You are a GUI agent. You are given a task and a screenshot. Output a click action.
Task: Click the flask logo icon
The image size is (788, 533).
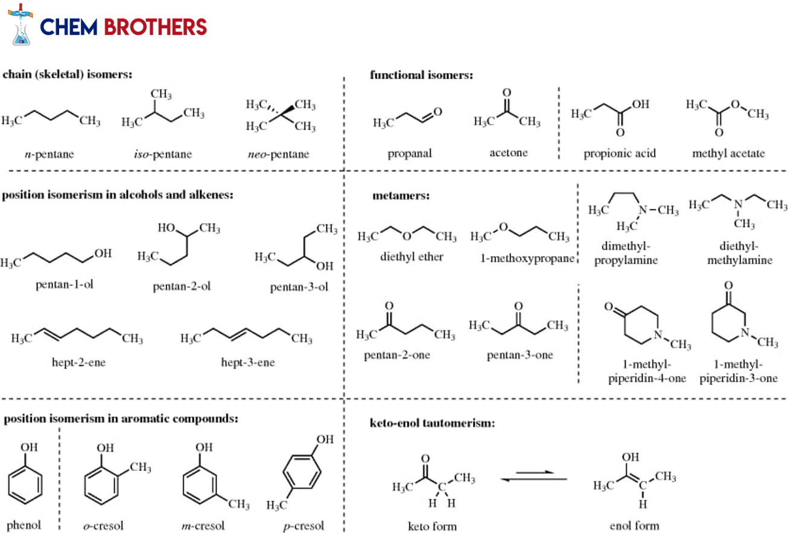(x=21, y=25)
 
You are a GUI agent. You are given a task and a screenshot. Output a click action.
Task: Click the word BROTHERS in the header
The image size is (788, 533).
(x=155, y=27)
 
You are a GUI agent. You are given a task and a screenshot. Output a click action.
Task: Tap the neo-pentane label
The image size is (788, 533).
(x=278, y=154)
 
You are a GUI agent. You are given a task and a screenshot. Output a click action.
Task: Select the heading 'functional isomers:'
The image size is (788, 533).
(x=421, y=75)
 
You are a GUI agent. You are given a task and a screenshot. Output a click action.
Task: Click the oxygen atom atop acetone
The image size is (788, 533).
(x=507, y=92)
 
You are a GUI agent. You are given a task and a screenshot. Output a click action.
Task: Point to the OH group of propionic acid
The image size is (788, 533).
(x=640, y=104)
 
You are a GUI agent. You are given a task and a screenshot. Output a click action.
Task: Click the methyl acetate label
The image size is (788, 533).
(x=728, y=153)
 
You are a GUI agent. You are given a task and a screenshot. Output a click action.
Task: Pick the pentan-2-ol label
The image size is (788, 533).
(x=182, y=286)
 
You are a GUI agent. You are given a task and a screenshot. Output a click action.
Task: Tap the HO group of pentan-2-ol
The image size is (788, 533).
(x=166, y=228)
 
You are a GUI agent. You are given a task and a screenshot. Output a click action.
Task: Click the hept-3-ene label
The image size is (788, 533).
(x=247, y=362)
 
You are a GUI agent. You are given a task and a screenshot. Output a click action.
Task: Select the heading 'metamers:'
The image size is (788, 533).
(x=401, y=196)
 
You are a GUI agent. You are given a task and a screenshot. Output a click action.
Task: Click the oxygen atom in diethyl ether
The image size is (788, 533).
(x=407, y=236)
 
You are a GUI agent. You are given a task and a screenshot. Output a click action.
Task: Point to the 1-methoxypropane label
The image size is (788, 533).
(x=527, y=258)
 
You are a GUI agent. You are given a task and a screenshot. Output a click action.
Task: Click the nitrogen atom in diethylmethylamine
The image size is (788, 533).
(x=738, y=204)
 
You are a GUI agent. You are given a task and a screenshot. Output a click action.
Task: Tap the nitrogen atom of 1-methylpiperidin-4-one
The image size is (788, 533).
(x=658, y=334)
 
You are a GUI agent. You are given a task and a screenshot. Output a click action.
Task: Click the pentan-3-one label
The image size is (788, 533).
(x=520, y=355)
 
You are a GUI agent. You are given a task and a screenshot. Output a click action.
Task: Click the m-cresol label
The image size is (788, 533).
(x=203, y=526)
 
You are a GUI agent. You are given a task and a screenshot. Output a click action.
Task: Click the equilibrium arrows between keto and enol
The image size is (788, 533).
(x=533, y=476)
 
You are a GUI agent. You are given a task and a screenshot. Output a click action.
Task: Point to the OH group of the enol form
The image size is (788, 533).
(x=630, y=457)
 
